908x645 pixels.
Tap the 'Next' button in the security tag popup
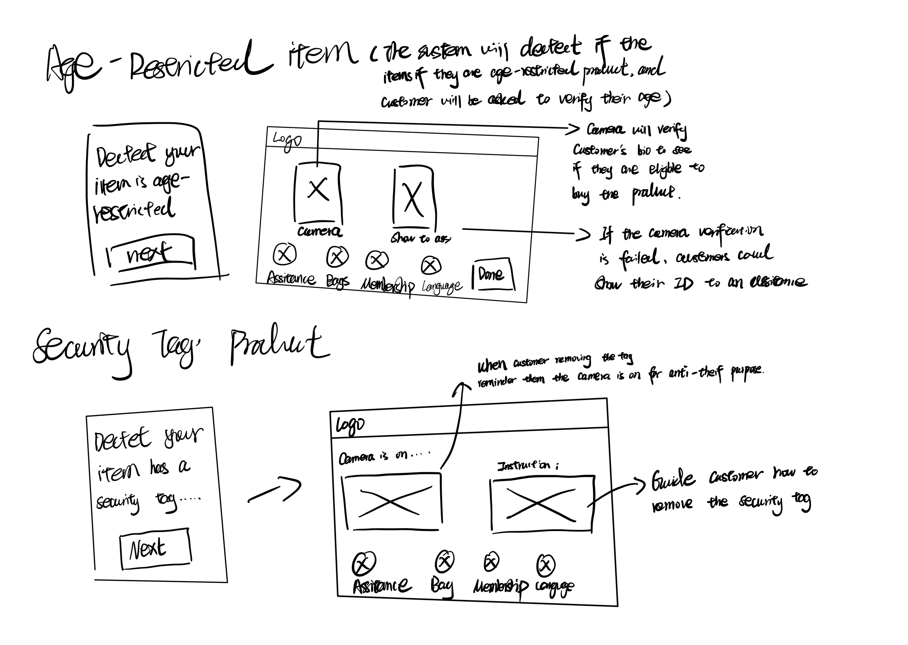(x=155, y=549)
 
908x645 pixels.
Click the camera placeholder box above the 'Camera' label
(x=318, y=192)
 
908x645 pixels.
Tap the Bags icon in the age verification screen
(x=337, y=257)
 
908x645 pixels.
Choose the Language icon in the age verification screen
(x=431, y=265)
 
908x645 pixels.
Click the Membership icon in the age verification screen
(x=376, y=260)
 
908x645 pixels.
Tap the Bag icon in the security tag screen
(x=445, y=561)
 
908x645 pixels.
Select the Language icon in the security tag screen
(x=546, y=565)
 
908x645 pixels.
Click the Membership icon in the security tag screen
(x=491, y=562)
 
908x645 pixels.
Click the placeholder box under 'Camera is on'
(x=392, y=502)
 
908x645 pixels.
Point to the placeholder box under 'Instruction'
(x=542, y=503)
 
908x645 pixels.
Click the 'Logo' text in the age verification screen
(x=287, y=140)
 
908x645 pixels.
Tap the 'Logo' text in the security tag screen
(x=350, y=425)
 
